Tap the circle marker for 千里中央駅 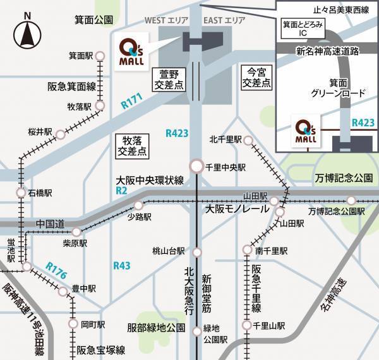point(197,167)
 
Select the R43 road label point(121,265)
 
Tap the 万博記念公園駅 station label point(336,212)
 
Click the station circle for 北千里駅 point(248,140)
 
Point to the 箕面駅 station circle point(99,56)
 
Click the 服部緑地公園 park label point(155,328)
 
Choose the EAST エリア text point(225,21)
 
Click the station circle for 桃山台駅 point(197,251)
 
